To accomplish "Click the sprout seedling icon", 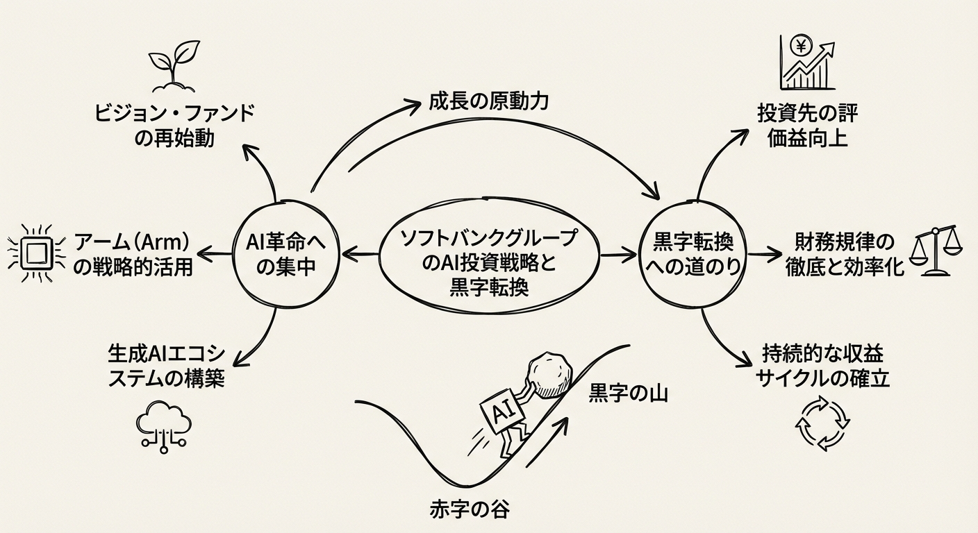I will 169,70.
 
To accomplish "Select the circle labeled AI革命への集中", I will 286,254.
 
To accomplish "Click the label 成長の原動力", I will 487,103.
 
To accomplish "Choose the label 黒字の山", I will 628,394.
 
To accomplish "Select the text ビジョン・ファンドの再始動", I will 174,125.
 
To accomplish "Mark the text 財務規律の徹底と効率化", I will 849,255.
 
